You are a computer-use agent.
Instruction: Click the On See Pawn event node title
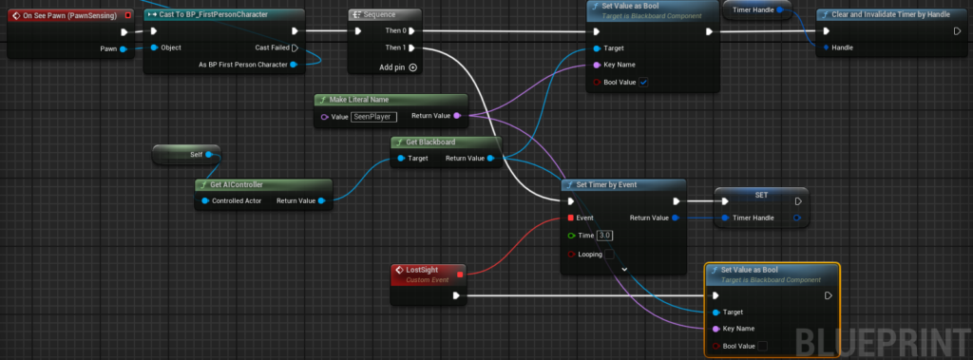click(69, 15)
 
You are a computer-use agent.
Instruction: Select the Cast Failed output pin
click(295, 47)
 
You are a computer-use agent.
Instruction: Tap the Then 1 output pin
click(411, 47)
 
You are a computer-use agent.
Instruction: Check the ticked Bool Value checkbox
click(643, 82)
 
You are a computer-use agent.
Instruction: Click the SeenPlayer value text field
click(373, 116)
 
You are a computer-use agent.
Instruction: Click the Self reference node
click(186, 155)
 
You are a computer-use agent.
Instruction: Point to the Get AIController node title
click(237, 184)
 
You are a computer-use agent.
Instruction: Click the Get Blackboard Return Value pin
click(491, 159)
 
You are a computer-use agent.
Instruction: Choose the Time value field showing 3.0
click(605, 236)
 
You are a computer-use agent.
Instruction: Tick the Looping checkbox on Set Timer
click(610, 254)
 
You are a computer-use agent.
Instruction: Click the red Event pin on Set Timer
click(570, 218)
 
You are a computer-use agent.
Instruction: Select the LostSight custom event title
click(421, 270)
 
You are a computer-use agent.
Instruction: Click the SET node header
click(761, 195)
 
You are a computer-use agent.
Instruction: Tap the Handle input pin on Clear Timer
click(826, 47)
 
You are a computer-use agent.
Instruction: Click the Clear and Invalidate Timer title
click(890, 14)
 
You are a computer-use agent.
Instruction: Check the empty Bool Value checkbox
click(763, 346)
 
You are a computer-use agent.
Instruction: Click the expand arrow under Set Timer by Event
click(624, 270)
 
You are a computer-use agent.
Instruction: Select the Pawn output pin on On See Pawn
click(123, 49)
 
